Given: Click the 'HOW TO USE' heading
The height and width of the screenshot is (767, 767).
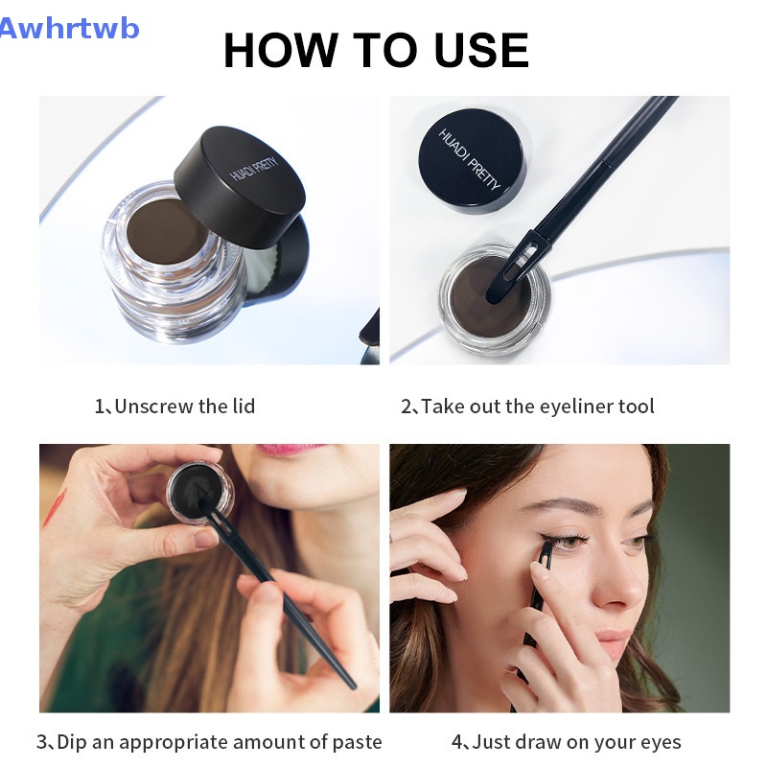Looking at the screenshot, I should coord(376,50).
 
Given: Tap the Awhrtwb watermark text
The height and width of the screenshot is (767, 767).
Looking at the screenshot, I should coord(69,28).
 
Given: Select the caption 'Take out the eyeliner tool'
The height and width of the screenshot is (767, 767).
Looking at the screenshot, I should coord(527,406).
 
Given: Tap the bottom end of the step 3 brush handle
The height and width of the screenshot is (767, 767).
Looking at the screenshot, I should coord(349,683).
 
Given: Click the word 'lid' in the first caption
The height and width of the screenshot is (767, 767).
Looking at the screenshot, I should coord(244,406).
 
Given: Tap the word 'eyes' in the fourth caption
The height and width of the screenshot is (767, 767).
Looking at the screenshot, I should coord(660,741).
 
